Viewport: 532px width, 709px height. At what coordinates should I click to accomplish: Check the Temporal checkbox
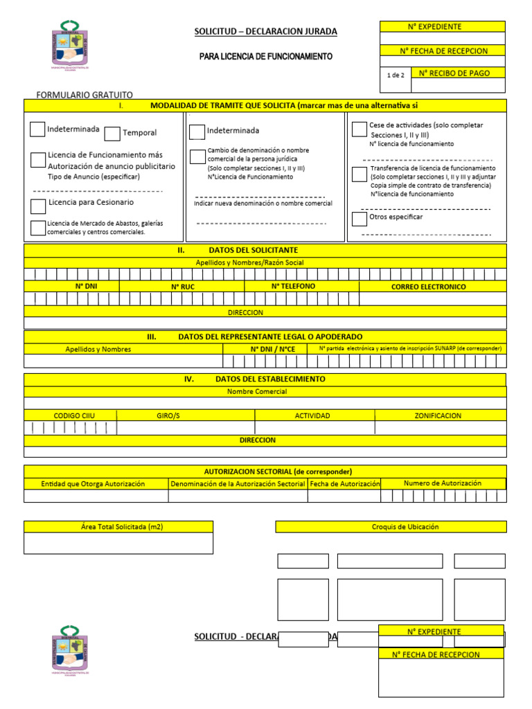[112, 134]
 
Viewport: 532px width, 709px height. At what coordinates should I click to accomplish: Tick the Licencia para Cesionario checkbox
[38, 206]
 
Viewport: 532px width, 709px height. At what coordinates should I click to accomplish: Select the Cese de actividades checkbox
[359, 129]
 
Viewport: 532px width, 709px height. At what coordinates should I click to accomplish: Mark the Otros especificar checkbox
[359, 219]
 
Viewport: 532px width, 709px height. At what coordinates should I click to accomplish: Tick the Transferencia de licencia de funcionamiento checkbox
[359, 174]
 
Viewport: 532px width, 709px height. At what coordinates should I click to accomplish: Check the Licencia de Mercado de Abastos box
[38, 228]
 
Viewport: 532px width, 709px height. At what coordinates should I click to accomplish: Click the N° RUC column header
[183, 286]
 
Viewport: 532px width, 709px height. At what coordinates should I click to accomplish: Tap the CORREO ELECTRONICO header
[428, 287]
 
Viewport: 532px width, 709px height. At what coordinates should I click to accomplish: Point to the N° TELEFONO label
[293, 286]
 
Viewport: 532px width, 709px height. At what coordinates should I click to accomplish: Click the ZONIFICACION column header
[438, 415]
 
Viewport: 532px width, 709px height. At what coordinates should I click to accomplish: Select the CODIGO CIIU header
[74, 415]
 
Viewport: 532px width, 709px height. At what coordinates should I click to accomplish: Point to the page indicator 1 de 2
[396, 75]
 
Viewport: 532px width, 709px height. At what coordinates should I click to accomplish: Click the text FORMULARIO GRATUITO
[84, 95]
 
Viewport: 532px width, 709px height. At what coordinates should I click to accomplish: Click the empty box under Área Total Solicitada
[118, 543]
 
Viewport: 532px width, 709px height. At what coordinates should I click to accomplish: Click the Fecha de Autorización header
[345, 483]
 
